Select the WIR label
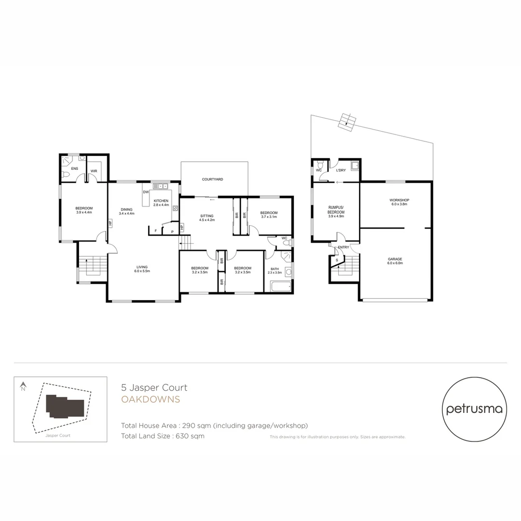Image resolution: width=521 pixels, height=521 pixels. pyautogui.click(x=94, y=171)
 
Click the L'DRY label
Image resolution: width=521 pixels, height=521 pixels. pyautogui.click(x=340, y=170)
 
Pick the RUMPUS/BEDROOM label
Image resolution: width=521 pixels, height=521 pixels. pyautogui.click(x=336, y=210)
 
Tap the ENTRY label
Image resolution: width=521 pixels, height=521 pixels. pyautogui.click(x=343, y=247)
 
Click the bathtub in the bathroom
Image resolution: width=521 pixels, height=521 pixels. pyautogui.click(x=280, y=287)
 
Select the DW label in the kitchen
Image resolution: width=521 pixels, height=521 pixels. pyautogui.click(x=145, y=192)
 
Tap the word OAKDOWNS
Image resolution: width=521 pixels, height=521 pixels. pyautogui.click(x=151, y=399)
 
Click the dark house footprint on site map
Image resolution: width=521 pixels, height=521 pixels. pyautogui.click(x=66, y=407)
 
